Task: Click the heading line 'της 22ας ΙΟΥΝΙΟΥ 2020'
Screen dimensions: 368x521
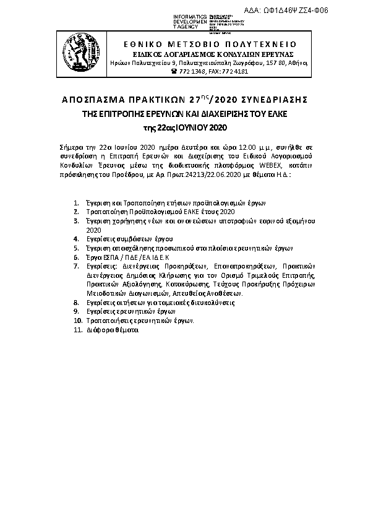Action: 186,128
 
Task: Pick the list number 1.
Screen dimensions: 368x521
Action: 75,203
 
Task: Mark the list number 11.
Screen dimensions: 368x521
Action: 77,330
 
